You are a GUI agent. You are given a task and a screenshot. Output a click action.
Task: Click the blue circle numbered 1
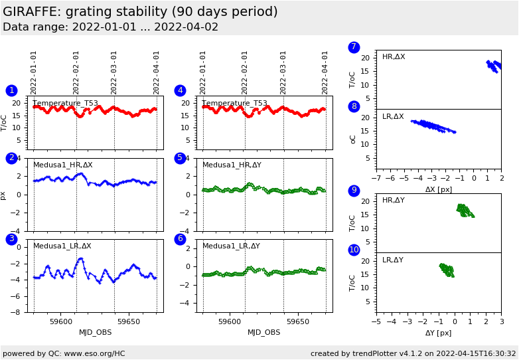click(x=11, y=90)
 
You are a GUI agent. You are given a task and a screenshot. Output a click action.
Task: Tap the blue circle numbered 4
click(x=180, y=90)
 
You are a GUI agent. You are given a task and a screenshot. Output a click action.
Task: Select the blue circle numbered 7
click(x=354, y=47)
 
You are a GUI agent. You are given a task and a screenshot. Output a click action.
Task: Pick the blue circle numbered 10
click(x=354, y=250)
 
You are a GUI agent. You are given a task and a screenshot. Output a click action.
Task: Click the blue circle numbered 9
click(x=354, y=191)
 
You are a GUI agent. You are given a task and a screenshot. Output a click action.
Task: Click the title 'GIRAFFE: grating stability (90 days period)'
click(x=140, y=12)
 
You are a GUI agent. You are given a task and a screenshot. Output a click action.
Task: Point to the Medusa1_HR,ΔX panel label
click(x=63, y=165)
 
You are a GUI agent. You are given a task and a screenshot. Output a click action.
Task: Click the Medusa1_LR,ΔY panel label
click(x=232, y=246)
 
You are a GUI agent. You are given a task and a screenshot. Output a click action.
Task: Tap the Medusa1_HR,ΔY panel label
click(x=232, y=165)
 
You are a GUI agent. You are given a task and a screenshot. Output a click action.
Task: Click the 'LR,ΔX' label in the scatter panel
click(x=393, y=117)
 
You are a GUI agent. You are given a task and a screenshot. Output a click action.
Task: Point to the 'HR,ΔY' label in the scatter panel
click(x=393, y=201)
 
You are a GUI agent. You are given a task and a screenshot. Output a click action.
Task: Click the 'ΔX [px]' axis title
click(x=439, y=189)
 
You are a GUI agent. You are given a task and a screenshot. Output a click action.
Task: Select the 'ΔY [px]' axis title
click(x=439, y=333)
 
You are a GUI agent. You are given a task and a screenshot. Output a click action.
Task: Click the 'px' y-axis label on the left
click(x=4, y=196)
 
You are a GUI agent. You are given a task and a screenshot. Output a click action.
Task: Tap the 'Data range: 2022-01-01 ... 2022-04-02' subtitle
click(x=110, y=27)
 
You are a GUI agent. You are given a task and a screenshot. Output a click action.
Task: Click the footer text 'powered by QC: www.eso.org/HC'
click(x=64, y=353)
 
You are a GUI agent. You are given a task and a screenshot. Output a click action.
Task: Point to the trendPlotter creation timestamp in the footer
click(x=413, y=353)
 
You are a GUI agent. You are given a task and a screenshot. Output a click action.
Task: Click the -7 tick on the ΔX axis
click(x=376, y=179)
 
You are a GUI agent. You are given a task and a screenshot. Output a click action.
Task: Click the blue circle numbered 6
click(x=180, y=239)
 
